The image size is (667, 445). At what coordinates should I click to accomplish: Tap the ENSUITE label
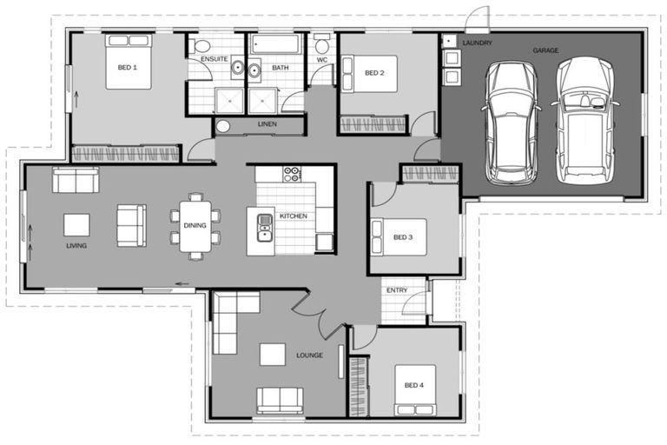pos(214,58)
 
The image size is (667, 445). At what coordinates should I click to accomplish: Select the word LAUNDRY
pos(478,42)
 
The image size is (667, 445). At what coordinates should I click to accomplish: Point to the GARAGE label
pos(545,50)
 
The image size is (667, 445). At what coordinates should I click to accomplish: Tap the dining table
pos(195,226)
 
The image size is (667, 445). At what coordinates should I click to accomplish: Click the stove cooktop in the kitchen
pos(292,174)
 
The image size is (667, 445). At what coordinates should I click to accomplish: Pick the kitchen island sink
pos(264,228)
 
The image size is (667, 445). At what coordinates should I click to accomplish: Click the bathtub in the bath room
pos(275,44)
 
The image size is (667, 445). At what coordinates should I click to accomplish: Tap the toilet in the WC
pos(321,45)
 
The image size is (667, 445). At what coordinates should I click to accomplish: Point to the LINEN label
pos(267,125)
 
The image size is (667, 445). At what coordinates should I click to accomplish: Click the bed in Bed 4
pos(414,390)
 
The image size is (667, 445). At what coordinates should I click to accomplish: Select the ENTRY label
pos(396,289)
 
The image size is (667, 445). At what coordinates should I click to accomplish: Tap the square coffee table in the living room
pos(76,225)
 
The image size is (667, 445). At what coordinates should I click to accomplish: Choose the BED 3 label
pos(403,236)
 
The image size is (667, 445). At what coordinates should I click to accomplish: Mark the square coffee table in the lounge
pos(272,354)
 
